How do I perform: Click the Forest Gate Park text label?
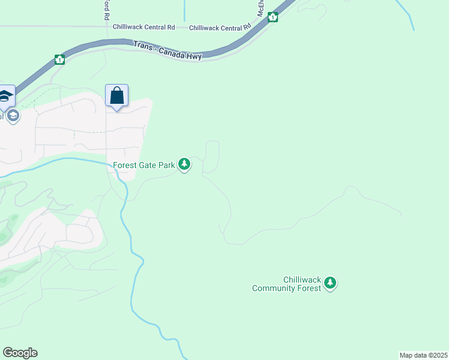(144, 164)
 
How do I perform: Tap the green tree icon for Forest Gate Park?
(185, 164)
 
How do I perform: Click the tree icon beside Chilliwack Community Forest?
(330, 283)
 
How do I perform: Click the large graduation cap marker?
(5, 97)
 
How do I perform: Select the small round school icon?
(13, 115)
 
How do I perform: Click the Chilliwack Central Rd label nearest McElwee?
(220, 28)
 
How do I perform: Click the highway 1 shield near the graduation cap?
(59, 59)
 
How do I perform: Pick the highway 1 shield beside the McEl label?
(273, 17)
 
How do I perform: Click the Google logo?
(20, 353)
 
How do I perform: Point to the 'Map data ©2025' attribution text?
(423, 355)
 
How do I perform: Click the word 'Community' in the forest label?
(274, 289)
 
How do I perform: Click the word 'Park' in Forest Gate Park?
(167, 164)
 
